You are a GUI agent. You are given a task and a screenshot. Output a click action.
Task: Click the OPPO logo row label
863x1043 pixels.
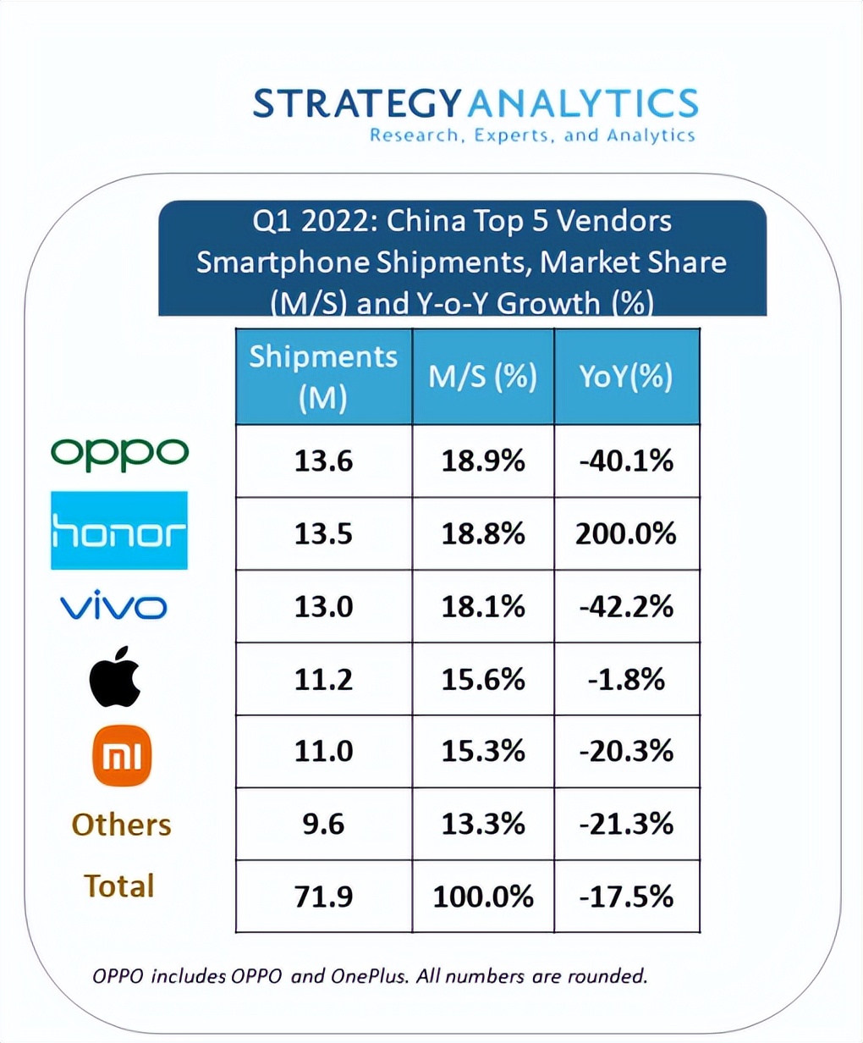click(119, 454)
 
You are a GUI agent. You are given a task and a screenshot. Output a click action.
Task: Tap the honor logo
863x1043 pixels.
click(119, 531)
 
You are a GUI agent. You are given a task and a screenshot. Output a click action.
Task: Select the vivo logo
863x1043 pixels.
click(113, 605)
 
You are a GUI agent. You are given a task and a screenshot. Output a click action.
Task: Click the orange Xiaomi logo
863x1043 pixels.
click(122, 755)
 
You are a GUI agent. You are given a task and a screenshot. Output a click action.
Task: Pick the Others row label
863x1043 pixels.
click(121, 825)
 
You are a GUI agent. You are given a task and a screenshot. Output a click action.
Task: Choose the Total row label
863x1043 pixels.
click(119, 886)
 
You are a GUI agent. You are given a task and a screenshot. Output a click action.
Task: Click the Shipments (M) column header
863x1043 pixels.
click(323, 377)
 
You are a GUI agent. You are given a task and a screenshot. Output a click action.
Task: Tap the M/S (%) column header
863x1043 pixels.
click(483, 377)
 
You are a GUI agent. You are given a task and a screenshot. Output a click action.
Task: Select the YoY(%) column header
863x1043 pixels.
click(626, 377)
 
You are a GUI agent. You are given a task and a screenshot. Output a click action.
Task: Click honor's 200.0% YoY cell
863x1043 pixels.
click(626, 533)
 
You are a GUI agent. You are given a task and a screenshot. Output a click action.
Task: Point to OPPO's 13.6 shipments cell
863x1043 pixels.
click(323, 461)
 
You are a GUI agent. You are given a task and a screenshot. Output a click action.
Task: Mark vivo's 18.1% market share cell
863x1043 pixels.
click(483, 606)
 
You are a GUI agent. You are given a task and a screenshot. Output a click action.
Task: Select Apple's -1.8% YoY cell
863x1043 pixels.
click(626, 679)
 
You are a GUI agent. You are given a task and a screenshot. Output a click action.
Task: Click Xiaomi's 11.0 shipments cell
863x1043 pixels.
click(323, 751)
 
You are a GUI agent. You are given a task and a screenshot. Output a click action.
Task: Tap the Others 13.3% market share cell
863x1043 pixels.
click(483, 824)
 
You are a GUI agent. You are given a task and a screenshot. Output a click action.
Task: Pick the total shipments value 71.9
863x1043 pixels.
click(323, 896)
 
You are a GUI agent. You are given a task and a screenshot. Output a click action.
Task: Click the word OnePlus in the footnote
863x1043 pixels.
click(368, 976)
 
